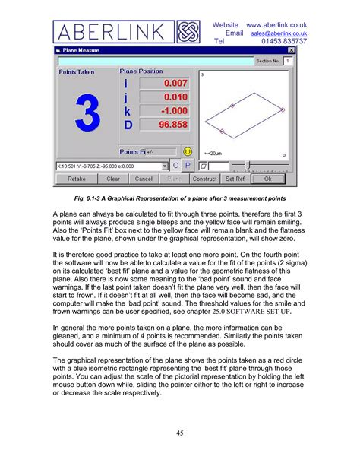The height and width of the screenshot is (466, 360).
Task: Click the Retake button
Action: [77, 179]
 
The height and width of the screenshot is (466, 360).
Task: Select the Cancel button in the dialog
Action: [144, 179]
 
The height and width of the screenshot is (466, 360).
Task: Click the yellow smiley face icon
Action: [187, 152]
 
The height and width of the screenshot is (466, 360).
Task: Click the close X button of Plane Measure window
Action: [292, 50]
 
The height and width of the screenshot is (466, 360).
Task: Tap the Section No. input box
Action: [288, 60]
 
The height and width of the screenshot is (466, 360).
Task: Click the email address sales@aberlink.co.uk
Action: [279, 33]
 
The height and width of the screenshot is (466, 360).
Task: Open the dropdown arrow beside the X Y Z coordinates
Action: [164, 166]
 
